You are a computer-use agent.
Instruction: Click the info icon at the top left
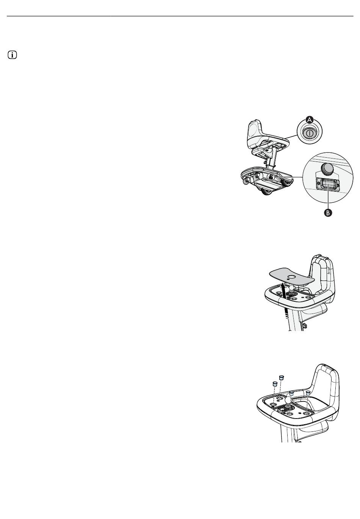[13, 55]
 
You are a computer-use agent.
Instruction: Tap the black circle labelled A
[310, 120]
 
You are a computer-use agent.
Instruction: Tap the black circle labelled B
[328, 213]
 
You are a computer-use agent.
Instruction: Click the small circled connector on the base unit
[271, 177]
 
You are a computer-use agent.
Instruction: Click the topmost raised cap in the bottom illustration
[281, 377]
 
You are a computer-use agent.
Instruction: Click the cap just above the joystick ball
[292, 393]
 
